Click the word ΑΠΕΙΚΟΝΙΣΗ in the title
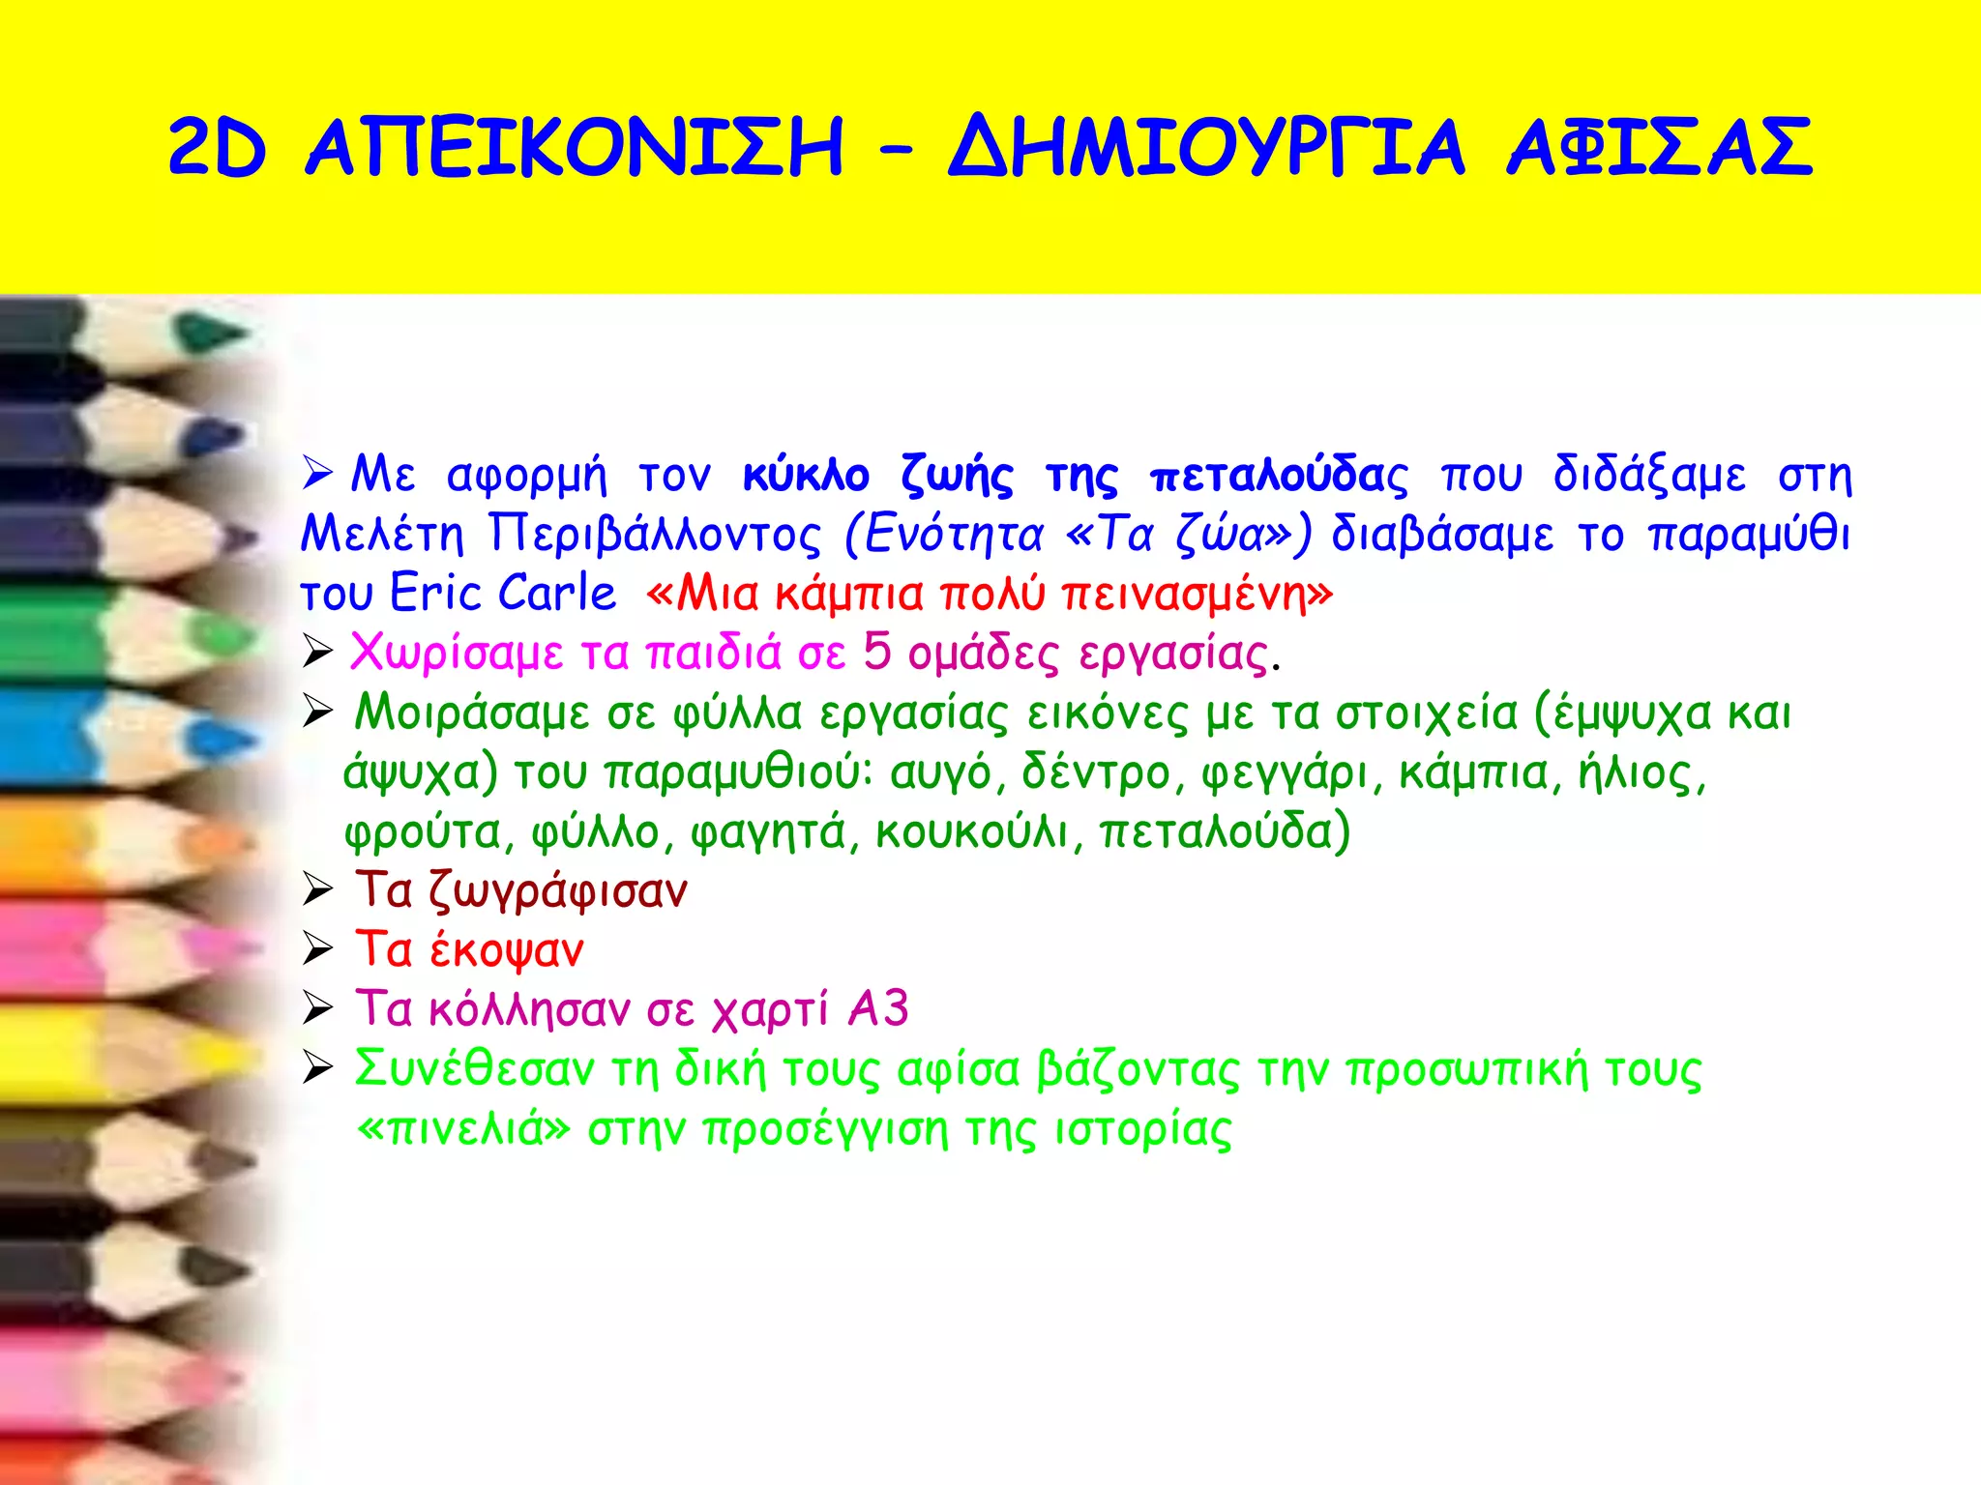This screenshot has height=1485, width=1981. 575,147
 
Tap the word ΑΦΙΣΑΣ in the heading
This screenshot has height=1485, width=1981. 1659,147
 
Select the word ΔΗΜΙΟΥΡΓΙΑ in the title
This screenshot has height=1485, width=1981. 1206,147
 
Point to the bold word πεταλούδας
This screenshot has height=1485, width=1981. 1279,476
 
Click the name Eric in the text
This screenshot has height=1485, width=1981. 436,593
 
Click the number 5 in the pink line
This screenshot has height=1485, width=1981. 876,652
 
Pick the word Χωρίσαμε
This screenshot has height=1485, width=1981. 456,654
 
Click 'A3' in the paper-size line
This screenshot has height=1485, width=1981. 878,1009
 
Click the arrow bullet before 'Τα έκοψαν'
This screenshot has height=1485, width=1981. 317,949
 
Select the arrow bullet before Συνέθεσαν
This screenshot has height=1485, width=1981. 317,1068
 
